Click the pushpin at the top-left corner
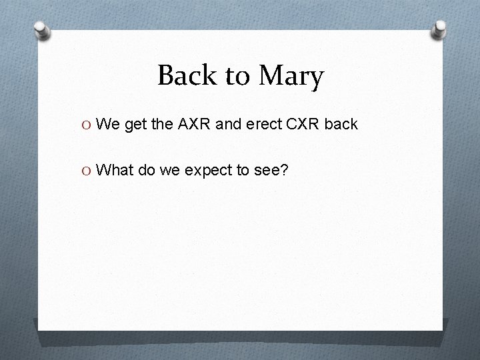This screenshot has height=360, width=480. tap(42, 30)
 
